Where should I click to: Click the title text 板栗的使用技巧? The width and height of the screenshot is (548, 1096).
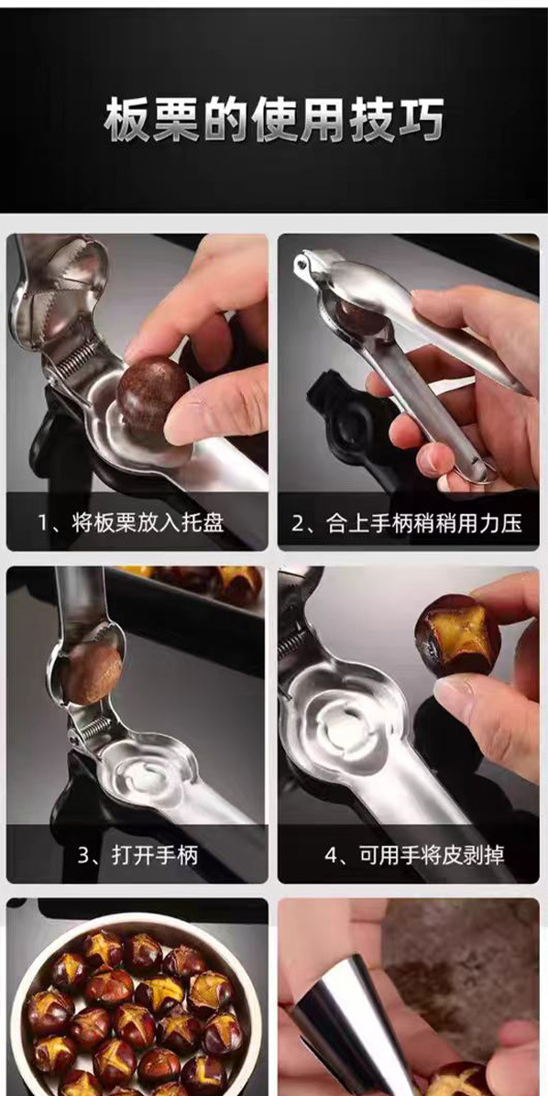(274, 120)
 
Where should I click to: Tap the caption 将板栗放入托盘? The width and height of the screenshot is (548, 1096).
(148, 523)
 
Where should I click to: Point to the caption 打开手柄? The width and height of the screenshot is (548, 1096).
(155, 855)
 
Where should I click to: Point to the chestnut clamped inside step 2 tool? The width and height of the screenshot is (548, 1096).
(362, 319)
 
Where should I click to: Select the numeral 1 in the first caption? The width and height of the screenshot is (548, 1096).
(43, 524)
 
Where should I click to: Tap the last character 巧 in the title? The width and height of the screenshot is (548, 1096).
(421, 120)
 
